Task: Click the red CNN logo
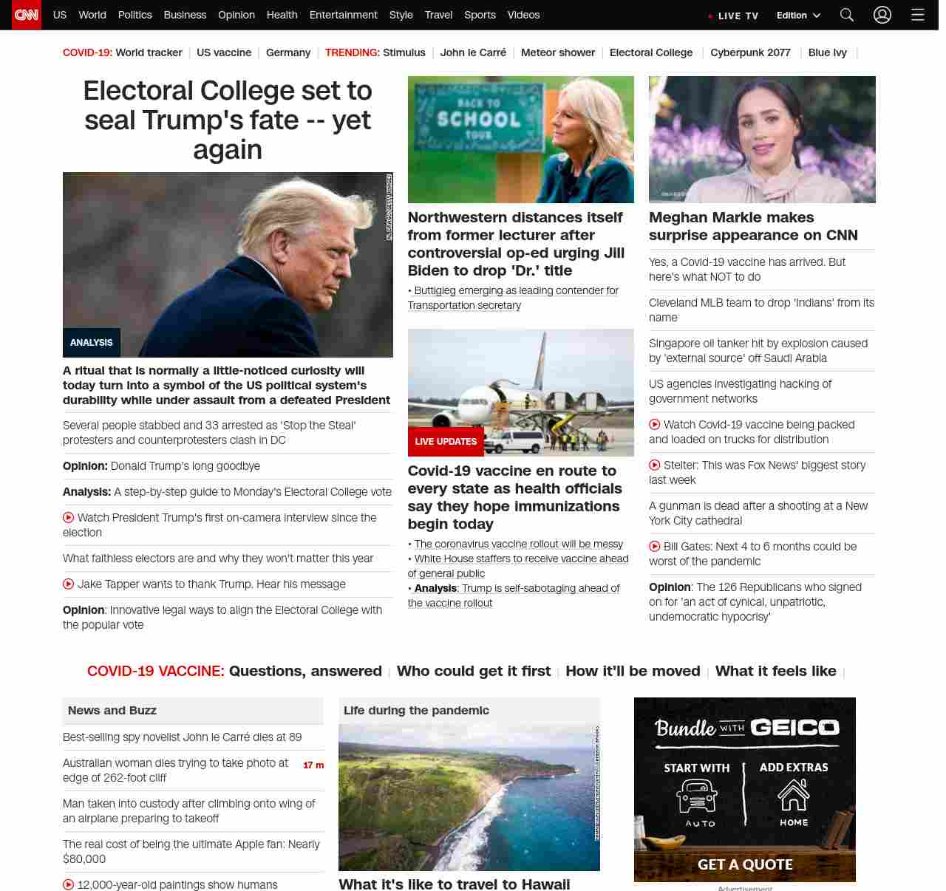pyautogui.click(x=27, y=15)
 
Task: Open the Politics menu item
pyautogui.click(x=135, y=15)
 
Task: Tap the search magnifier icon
pyautogui.click(x=847, y=15)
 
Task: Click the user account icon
pyautogui.click(x=882, y=15)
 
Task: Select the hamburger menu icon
pyautogui.click(x=918, y=15)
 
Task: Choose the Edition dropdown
pyautogui.click(x=798, y=16)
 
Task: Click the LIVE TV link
pyautogui.click(x=734, y=16)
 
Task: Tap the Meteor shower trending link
pyautogui.click(x=558, y=52)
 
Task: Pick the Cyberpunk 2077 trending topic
pyautogui.click(x=750, y=52)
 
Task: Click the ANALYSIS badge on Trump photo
pyautogui.click(x=92, y=343)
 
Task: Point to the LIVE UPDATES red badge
pyautogui.click(x=446, y=442)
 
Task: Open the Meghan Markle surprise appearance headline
pyautogui.click(x=753, y=226)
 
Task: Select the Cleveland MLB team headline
pyautogui.click(x=761, y=310)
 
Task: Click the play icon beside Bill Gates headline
pyautogui.click(x=655, y=547)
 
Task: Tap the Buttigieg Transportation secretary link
pyautogui.click(x=513, y=298)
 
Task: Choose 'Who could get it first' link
pyautogui.click(x=474, y=671)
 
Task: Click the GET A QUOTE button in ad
pyautogui.click(x=745, y=864)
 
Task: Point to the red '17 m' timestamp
pyautogui.click(x=313, y=765)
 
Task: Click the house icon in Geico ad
pyautogui.click(x=794, y=796)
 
